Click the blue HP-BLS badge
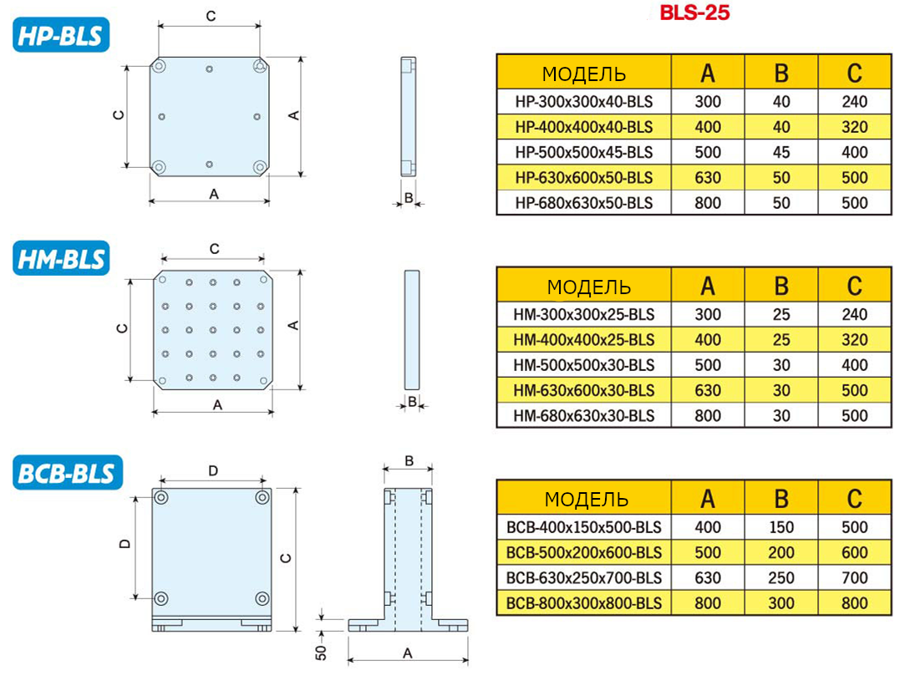tap(61, 34)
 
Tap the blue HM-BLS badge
tap(61, 258)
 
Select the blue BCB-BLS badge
tap(68, 472)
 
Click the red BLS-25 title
tap(695, 13)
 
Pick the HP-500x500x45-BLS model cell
tap(583, 152)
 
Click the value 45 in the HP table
tap(781, 152)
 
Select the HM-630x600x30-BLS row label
tap(583, 391)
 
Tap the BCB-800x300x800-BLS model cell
tap(583, 603)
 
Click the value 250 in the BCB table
tap(781, 578)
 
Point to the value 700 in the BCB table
tap(854, 578)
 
